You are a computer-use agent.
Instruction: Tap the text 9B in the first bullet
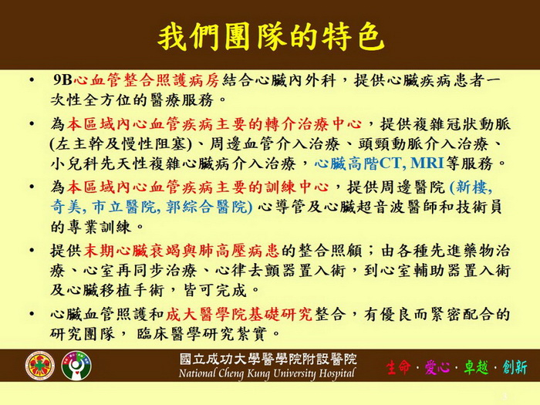pyautogui.click(x=62, y=80)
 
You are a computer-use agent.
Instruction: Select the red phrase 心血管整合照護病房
pyautogui.click(x=147, y=80)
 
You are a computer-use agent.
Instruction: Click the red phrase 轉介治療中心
pyautogui.click(x=312, y=124)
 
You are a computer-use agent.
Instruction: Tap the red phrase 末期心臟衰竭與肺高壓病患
pyautogui.click(x=181, y=251)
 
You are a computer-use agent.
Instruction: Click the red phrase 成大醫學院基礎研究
pyautogui.click(x=239, y=314)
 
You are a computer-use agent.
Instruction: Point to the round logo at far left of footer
pyautogui.click(x=39, y=366)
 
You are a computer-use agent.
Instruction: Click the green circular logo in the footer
pyautogui.click(x=76, y=366)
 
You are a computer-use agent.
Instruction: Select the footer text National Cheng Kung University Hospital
pyautogui.click(x=267, y=373)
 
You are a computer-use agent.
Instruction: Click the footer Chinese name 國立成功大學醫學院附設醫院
pyautogui.click(x=268, y=359)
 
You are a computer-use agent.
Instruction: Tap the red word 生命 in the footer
pyautogui.click(x=399, y=367)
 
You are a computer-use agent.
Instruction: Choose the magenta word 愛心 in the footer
pyautogui.click(x=437, y=367)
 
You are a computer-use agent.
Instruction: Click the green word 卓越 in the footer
pyautogui.click(x=476, y=367)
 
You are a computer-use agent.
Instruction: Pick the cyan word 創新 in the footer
pyautogui.click(x=515, y=367)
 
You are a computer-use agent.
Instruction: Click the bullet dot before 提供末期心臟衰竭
pyautogui.click(x=32, y=251)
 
